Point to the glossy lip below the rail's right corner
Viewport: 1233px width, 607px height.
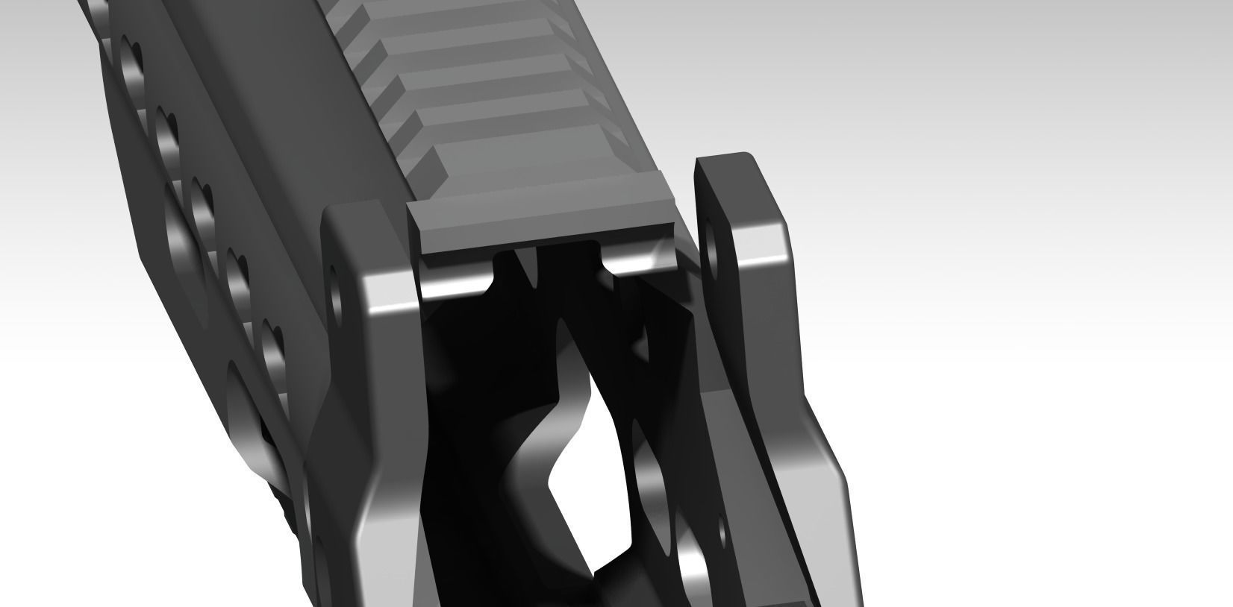tap(642, 258)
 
